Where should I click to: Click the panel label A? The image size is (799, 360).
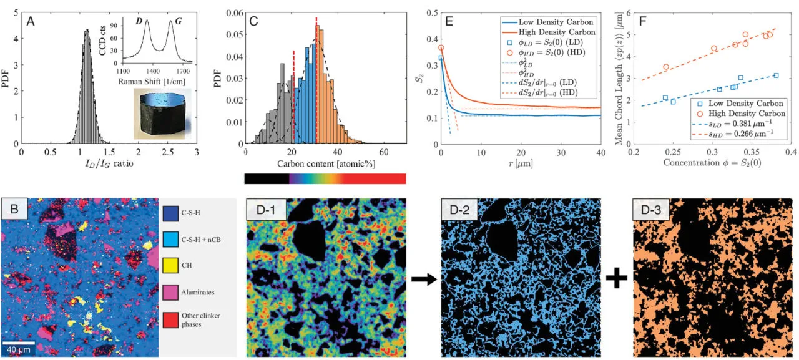pos(30,21)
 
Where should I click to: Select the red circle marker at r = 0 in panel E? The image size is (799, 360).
pos(441,47)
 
